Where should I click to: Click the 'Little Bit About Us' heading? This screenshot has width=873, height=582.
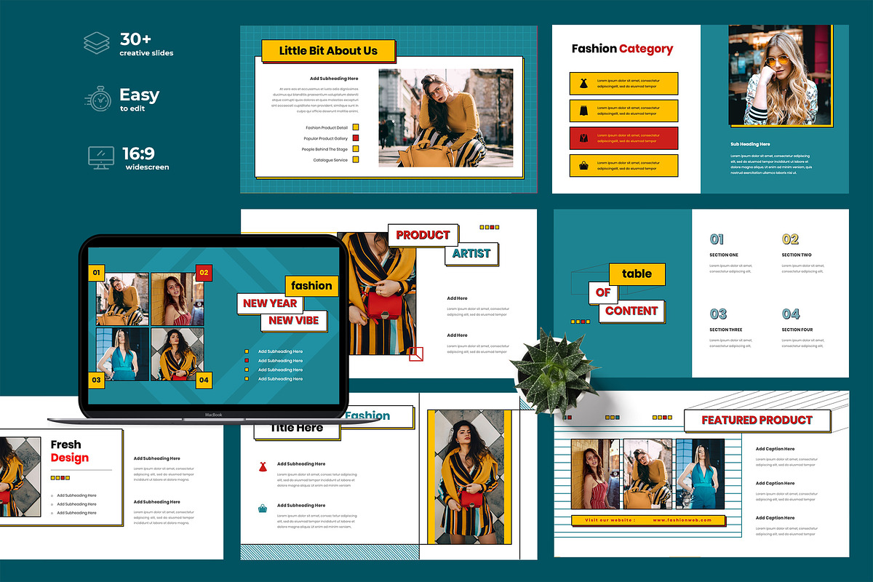coord(328,50)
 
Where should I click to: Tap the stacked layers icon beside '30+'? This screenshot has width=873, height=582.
coord(96,43)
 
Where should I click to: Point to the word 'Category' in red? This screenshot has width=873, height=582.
coord(645,49)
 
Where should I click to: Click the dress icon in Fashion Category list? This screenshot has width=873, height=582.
coord(583,83)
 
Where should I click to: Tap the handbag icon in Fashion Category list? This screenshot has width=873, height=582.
coord(583,166)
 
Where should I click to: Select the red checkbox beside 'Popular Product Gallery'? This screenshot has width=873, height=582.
coord(356,137)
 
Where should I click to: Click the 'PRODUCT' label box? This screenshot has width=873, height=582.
coord(423,235)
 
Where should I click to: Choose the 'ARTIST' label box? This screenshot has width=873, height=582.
coord(471,253)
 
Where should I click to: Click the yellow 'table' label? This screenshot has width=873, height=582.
coord(637,274)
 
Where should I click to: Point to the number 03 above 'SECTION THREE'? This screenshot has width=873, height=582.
coord(718,314)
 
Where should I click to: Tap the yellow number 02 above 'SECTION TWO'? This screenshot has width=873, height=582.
coord(790,239)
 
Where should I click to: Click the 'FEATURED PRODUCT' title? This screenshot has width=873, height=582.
coord(757,420)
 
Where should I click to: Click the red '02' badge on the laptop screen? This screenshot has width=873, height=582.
coord(204,273)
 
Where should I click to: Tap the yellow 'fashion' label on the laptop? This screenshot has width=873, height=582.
coord(312,285)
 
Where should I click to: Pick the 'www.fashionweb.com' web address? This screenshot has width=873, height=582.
coord(682,520)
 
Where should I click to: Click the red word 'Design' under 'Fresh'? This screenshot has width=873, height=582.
coord(70,458)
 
